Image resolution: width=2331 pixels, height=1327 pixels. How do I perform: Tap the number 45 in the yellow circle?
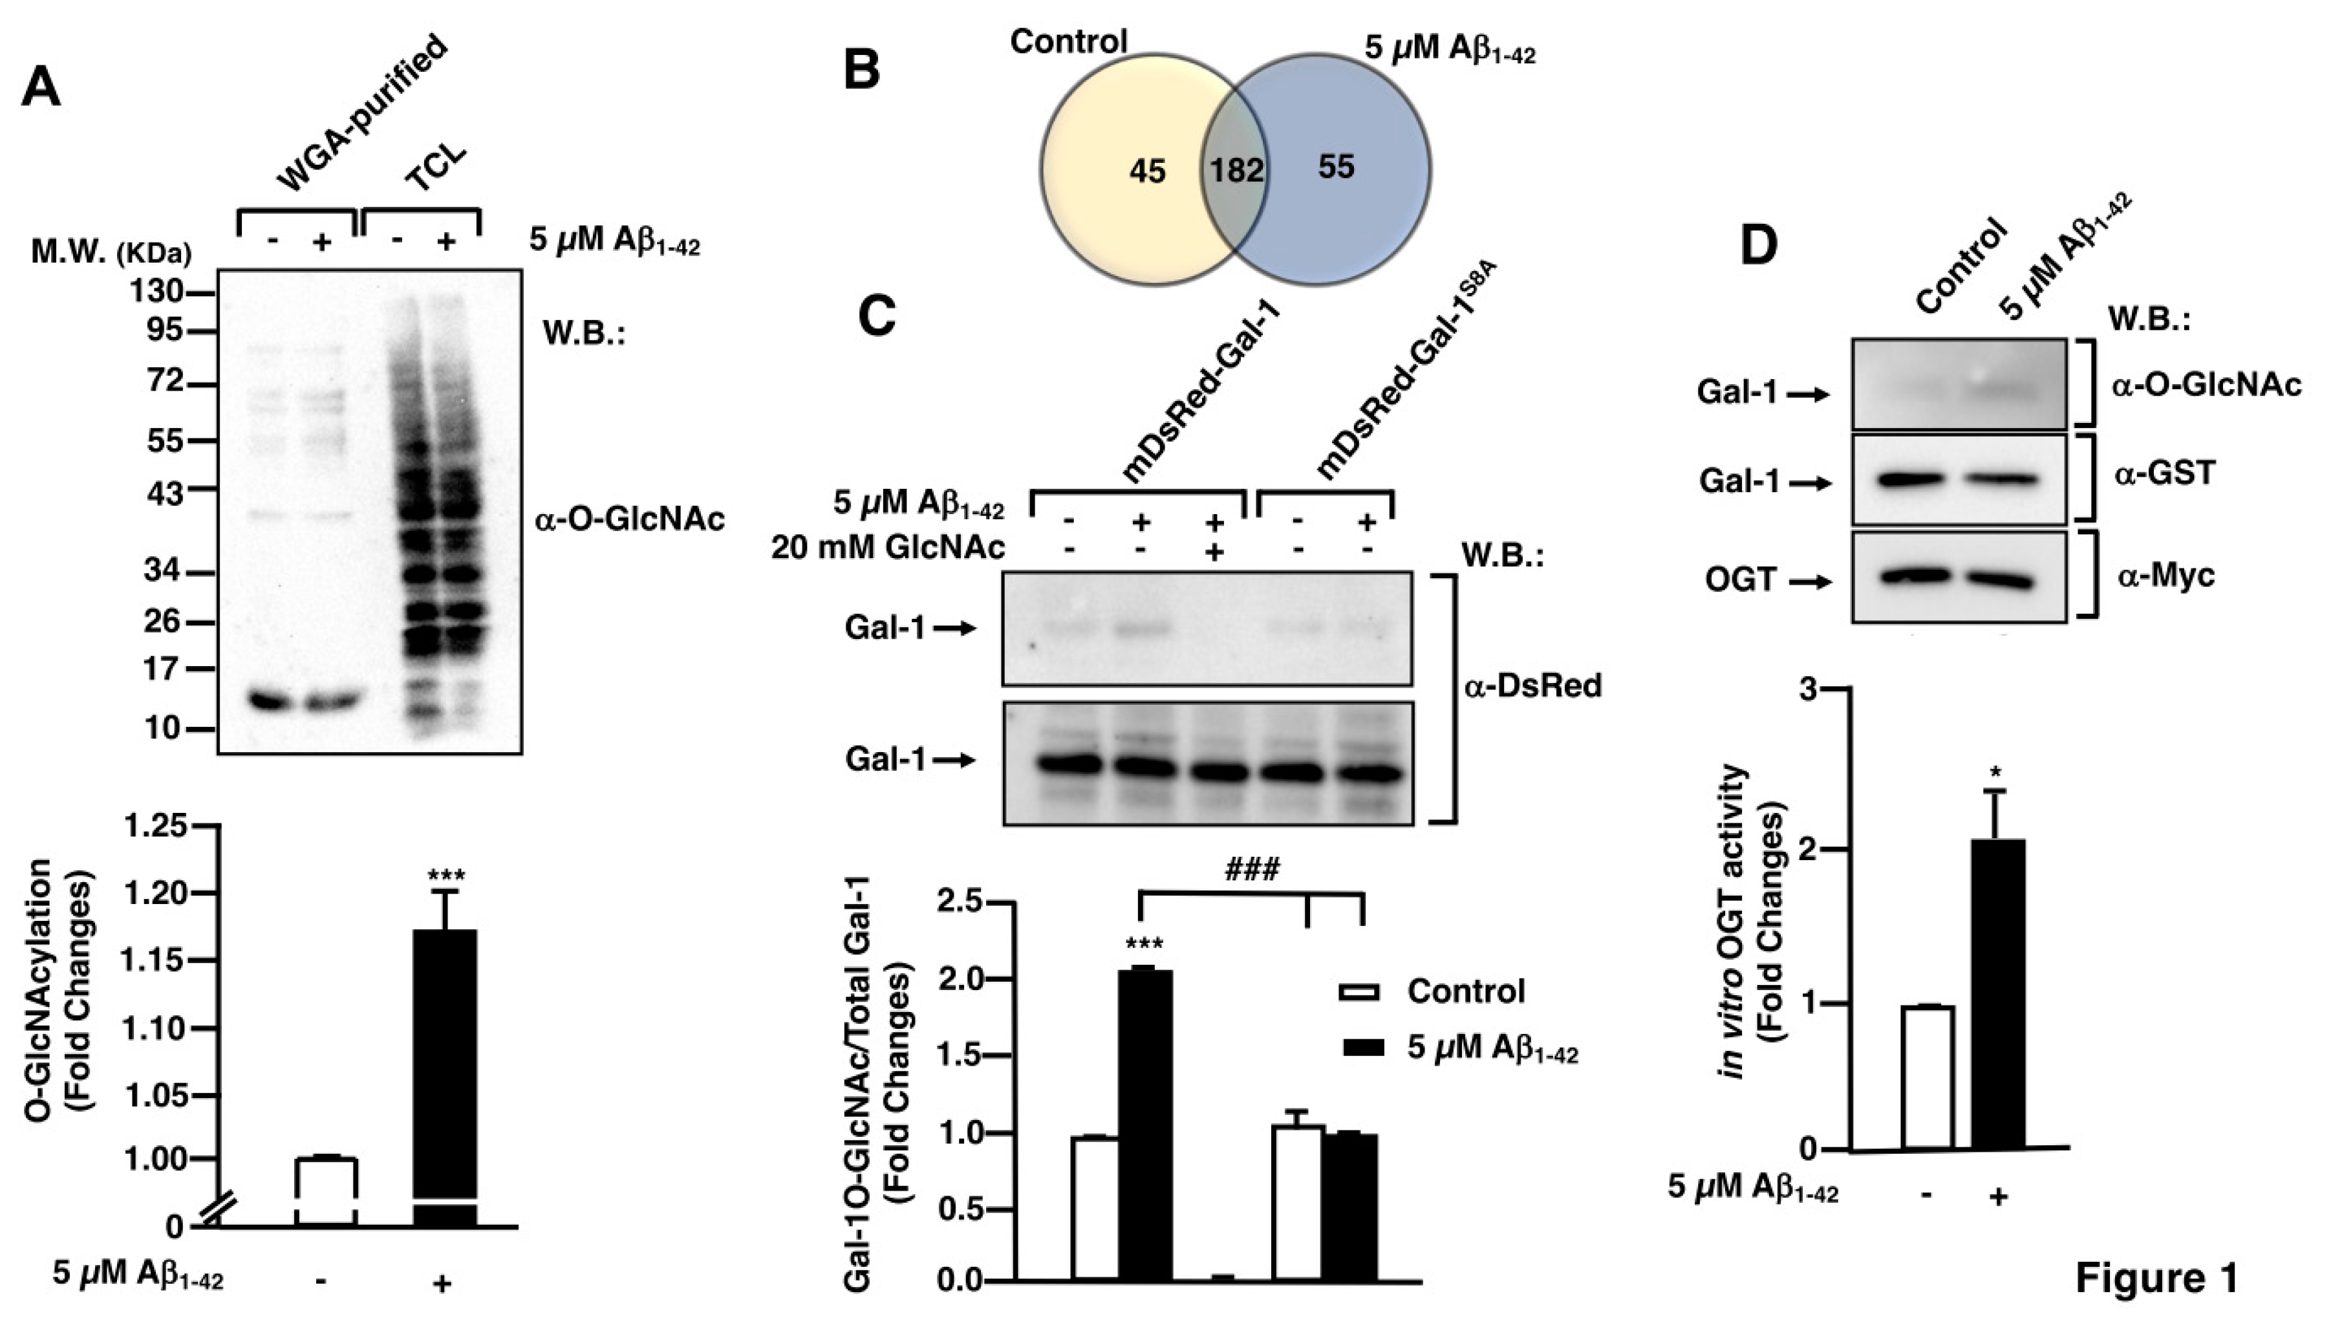1146,171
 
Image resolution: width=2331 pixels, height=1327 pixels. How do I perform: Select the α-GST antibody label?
2164,475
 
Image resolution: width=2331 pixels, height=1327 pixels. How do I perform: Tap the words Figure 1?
2156,1278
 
